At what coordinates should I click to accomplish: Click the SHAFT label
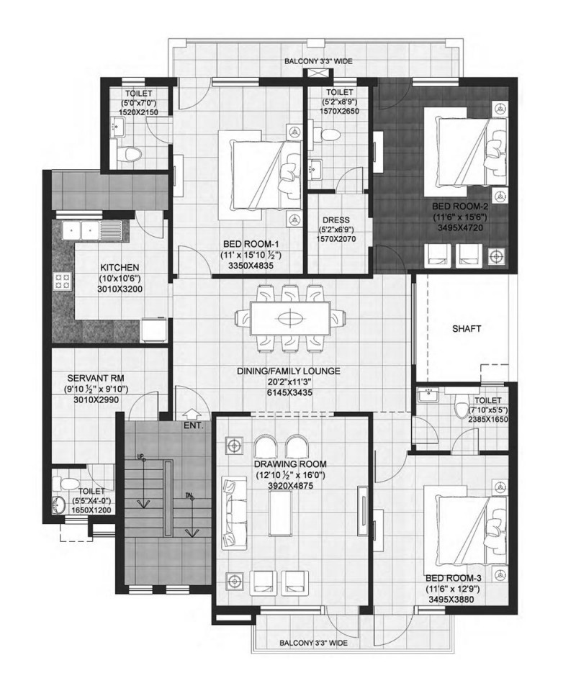click(x=467, y=328)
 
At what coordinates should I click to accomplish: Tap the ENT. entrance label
click(x=194, y=425)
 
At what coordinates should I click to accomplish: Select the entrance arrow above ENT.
click(x=190, y=415)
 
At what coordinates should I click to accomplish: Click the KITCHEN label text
click(x=120, y=268)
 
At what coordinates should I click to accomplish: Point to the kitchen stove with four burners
click(x=62, y=281)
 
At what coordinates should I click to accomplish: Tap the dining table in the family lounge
click(x=290, y=318)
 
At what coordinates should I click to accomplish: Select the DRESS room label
click(x=336, y=220)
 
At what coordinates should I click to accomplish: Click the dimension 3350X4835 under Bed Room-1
click(x=251, y=266)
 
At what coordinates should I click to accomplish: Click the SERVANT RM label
click(x=96, y=378)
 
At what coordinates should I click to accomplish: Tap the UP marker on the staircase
click(x=141, y=457)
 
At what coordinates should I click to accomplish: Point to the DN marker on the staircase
click(x=189, y=496)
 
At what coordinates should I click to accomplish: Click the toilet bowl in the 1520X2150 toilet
click(x=129, y=153)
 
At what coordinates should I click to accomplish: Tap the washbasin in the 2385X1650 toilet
click(x=427, y=395)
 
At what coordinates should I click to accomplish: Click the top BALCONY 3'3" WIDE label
click(x=318, y=61)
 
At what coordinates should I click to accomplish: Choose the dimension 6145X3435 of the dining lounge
click(x=289, y=392)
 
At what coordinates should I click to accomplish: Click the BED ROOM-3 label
click(x=454, y=578)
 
